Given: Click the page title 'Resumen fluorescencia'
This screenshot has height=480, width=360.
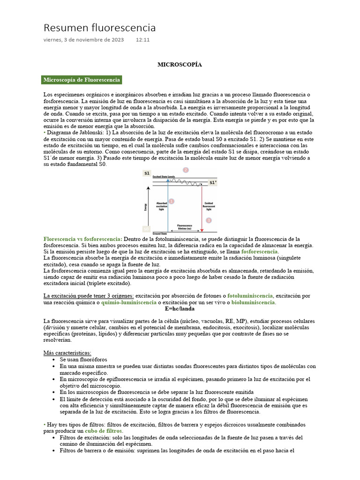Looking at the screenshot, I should [x=99, y=28].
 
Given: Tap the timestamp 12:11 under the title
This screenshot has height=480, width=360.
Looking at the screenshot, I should [x=142, y=40].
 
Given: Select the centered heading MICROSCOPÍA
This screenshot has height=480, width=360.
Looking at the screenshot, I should [x=180, y=64].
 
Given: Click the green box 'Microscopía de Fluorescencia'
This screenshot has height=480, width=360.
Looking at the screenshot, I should [x=82, y=80].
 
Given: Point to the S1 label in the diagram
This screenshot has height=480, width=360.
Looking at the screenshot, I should [x=147, y=173].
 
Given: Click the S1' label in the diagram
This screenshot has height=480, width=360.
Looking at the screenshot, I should [x=213, y=183].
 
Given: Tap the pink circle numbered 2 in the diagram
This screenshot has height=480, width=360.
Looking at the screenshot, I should [x=186, y=170].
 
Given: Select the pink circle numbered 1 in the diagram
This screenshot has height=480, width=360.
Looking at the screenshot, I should [x=171, y=201].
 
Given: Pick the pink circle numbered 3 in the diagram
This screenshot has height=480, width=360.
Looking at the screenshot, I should [x=209, y=220].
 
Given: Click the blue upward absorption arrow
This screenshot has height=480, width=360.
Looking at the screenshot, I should [x=167, y=206].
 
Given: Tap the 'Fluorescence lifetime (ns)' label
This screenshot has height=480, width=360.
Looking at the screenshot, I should [x=184, y=226].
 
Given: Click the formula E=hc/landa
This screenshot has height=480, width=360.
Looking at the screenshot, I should [x=180, y=309].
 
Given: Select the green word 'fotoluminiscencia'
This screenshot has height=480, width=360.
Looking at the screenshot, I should [x=249, y=296].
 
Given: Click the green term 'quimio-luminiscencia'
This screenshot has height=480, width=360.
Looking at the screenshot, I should [x=129, y=302].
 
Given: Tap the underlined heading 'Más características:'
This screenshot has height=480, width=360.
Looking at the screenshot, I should [x=67, y=352].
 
